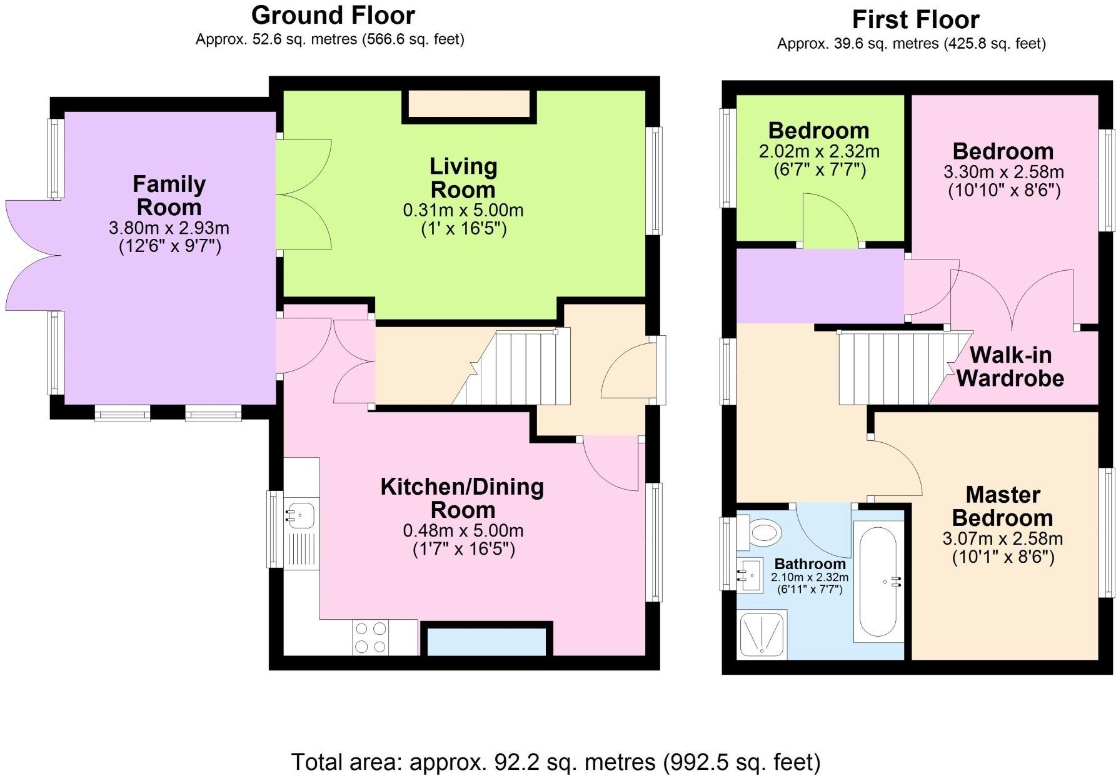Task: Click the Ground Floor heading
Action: coord(333,15)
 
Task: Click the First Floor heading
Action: coord(915,20)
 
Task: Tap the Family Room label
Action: coord(169,196)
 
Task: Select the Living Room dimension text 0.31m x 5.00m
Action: coord(463,210)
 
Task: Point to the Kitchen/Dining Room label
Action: coord(463,498)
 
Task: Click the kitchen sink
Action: coord(301,515)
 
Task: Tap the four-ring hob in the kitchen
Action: coord(370,637)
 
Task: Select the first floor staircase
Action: coord(900,368)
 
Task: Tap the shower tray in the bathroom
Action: coord(762,634)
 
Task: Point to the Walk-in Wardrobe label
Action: coord(1010,366)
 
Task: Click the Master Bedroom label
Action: coord(1003,507)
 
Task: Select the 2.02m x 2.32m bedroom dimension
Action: coord(819,151)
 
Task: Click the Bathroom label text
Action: coord(810,563)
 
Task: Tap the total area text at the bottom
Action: coord(556,762)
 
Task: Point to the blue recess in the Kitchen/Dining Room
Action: coord(486,642)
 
